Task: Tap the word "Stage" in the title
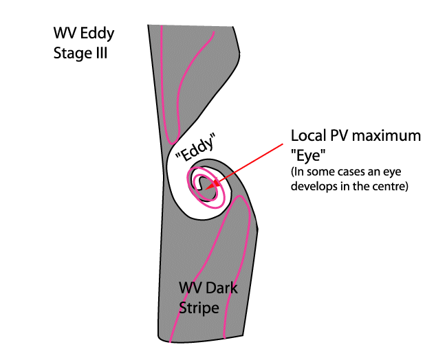point(72,53)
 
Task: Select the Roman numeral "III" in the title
point(100,53)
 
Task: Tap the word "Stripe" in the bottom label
point(199,308)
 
